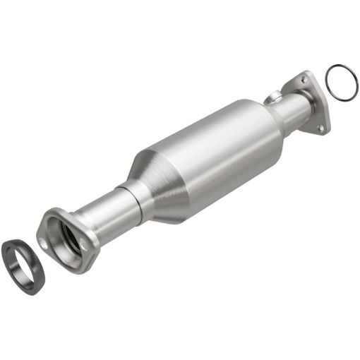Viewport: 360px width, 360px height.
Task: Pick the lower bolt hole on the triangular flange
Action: [320, 128]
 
